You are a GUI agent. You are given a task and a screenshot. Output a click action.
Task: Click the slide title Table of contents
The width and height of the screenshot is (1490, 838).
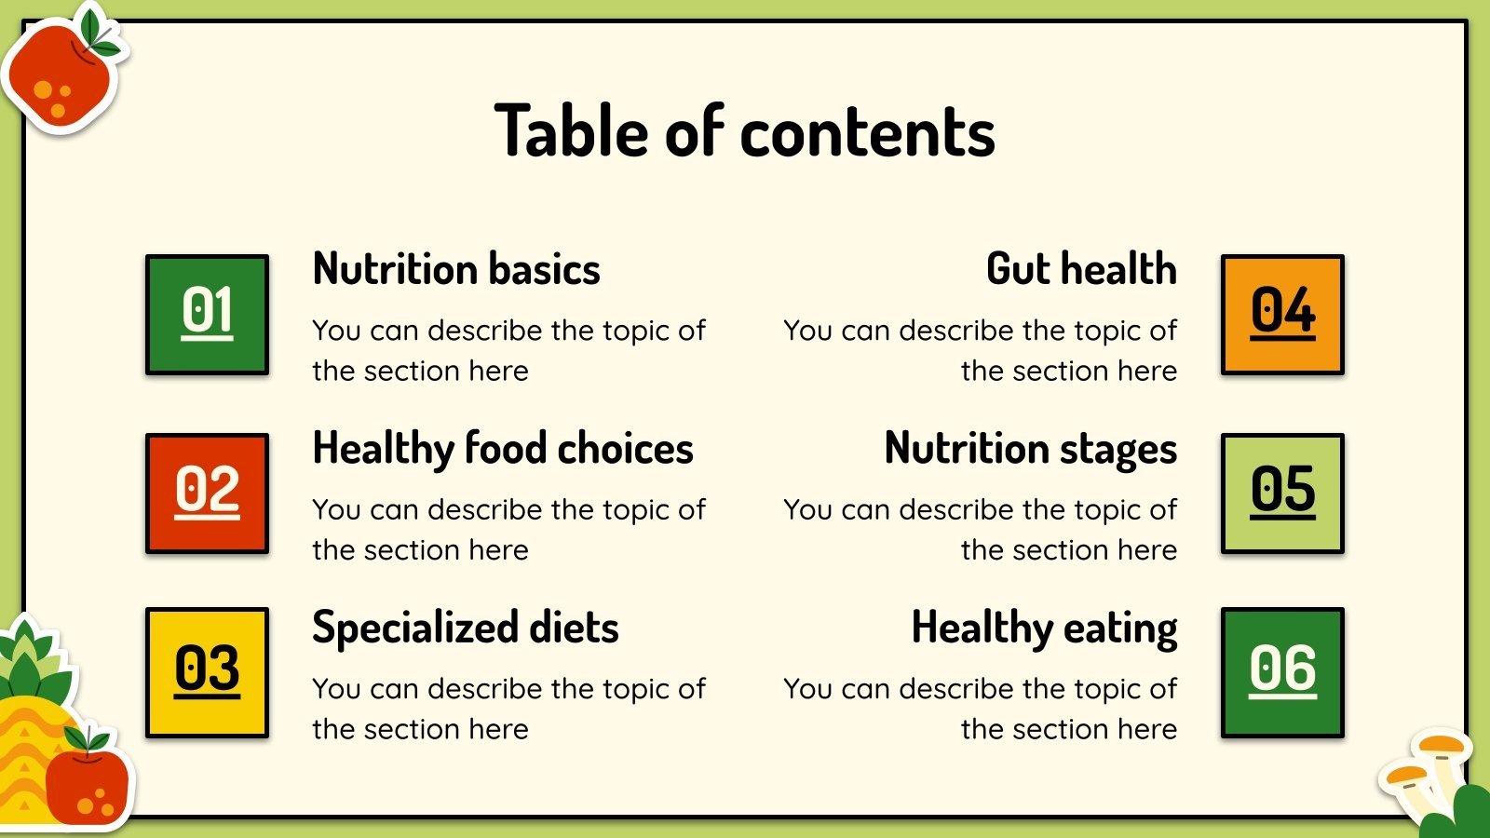point(745,131)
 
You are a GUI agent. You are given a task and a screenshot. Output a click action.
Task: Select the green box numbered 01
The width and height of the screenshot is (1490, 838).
point(207,315)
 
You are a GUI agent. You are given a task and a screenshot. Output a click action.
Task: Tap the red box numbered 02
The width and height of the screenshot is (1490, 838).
point(207,493)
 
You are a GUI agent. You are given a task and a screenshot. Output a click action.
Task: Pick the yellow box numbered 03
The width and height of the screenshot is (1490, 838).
point(207,672)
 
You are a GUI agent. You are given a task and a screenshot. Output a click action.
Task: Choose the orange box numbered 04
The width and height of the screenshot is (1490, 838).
point(1282,315)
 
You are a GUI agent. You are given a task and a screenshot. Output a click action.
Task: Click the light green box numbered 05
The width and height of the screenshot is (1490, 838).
point(1282,493)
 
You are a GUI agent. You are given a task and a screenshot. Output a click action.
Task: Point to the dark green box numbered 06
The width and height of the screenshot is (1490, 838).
point(1282,672)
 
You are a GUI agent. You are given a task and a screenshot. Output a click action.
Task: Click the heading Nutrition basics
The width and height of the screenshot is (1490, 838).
point(456,269)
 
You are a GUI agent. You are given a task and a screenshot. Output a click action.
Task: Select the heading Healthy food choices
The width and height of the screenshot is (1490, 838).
point(503,449)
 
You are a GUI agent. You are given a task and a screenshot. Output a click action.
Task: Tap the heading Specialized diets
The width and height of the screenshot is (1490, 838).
point(466,628)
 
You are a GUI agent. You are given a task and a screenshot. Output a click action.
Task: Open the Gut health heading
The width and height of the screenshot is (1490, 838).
point(1081,269)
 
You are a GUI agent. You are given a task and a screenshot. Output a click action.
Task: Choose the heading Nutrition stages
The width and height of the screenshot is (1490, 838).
point(1031,449)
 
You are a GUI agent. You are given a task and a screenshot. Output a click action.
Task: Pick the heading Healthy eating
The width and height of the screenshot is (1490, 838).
point(1044,628)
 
